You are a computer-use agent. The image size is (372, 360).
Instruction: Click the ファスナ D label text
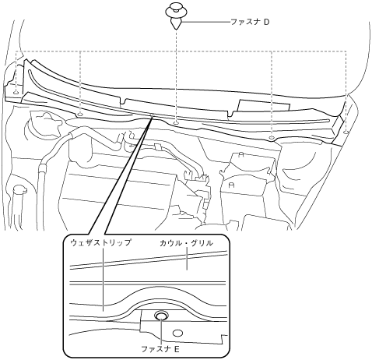pos(250,22)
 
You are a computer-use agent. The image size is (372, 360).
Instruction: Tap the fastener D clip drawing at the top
pos(176,15)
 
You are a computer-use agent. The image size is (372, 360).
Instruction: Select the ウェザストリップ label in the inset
pos(100,243)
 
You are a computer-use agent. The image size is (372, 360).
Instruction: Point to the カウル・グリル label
pos(186,243)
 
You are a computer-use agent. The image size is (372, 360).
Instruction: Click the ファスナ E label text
pos(160,349)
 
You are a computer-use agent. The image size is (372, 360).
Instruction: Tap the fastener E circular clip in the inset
pos(161,316)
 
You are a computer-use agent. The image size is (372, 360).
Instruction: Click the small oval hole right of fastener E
pos(177,334)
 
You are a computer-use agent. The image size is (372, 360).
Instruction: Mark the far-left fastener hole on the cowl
pos(16,92)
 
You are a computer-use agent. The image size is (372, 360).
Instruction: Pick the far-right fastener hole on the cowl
pos(346,132)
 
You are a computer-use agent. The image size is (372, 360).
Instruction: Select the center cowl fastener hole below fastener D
pos(177,122)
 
